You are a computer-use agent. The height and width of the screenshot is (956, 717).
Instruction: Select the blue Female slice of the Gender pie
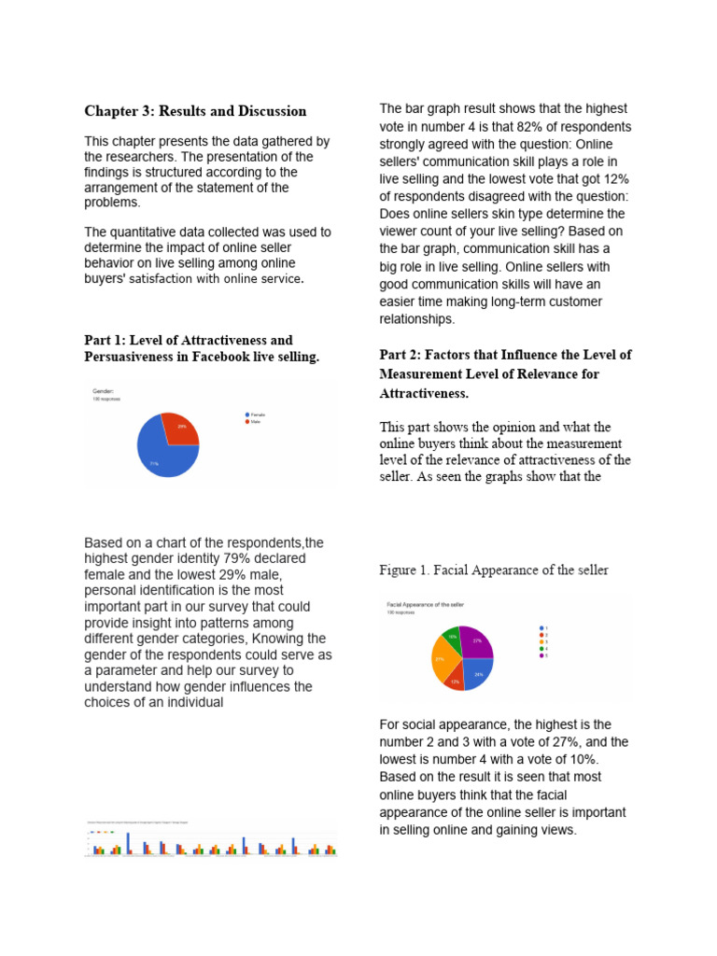(163, 455)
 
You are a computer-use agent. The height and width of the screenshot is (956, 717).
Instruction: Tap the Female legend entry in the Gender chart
(256, 414)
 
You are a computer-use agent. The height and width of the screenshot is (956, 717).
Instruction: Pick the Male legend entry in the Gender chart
(254, 421)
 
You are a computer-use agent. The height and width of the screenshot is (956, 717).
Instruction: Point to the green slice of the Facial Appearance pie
(451, 638)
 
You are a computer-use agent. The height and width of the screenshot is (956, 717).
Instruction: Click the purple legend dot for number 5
(541, 655)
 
